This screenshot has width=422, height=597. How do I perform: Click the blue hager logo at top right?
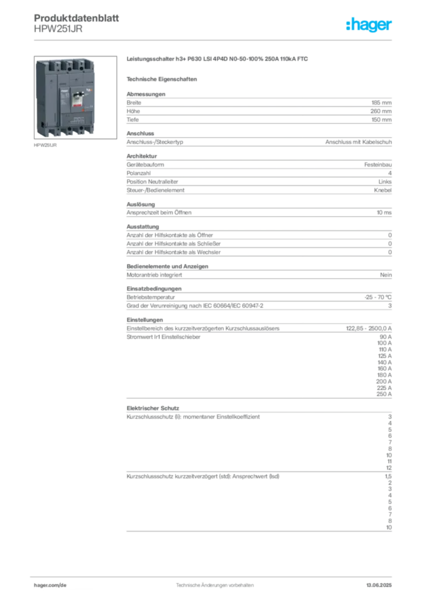click(370, 25)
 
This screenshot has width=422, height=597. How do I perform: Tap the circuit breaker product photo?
click(66, 98)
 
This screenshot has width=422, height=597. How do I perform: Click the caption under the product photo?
click(46, 146)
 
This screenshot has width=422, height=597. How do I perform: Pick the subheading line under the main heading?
click(164, 78)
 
